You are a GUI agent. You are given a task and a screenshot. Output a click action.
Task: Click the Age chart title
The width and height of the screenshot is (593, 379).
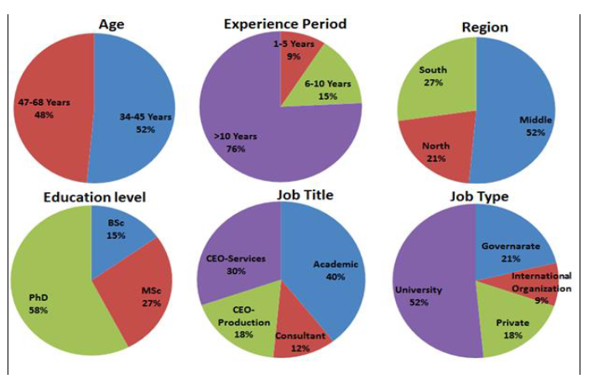click(111, 23)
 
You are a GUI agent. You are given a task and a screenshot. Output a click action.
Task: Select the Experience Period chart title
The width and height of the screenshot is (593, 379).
click(285, 23)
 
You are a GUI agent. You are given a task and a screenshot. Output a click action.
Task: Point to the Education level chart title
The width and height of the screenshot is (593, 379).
click(95, 198)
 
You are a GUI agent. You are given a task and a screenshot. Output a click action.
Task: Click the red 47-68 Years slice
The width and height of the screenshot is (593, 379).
click(50, 109)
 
